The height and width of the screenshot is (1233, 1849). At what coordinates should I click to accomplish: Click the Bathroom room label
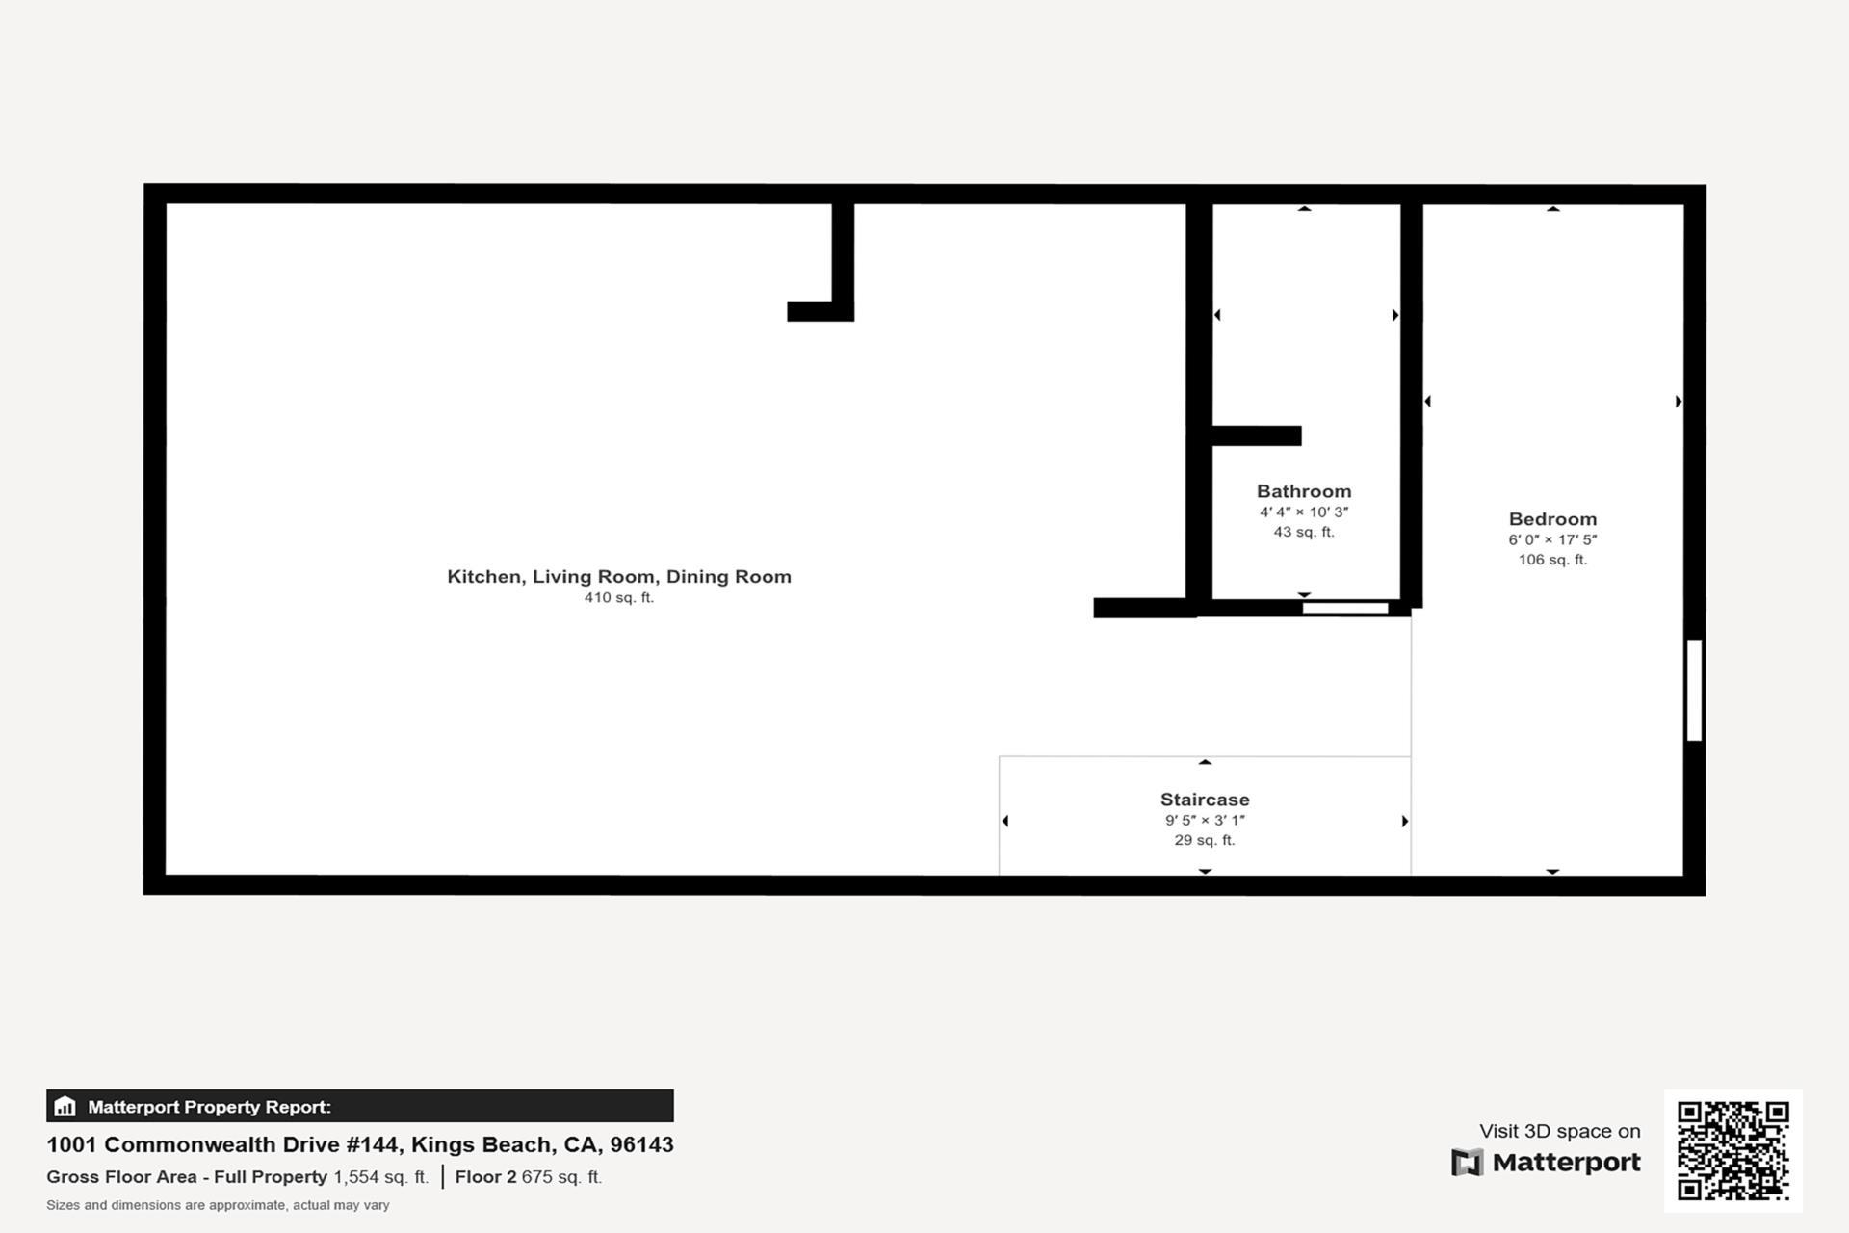pos(1304,491)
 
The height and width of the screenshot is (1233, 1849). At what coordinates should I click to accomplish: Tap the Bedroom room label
pos(1552,519)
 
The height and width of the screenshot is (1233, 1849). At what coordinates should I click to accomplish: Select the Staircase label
pos(1205,800)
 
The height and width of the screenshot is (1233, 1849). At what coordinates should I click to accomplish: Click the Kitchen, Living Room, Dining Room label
pos(619,576)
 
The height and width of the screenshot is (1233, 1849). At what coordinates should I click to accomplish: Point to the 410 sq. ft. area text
pos(619,598)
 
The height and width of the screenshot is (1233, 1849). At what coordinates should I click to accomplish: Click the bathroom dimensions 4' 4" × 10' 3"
pos(1304,512)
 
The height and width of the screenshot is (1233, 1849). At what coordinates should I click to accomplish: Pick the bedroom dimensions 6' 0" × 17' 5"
pos(1552,540)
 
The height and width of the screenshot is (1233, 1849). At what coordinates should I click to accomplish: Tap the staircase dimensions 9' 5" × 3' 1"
pos(1205,821)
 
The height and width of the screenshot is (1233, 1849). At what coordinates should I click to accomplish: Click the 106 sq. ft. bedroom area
pos(1552,560)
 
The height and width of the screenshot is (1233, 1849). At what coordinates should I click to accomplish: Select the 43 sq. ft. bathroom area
pos(1304,532)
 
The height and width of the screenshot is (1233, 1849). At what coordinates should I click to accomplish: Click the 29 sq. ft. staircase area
pos(1205,840)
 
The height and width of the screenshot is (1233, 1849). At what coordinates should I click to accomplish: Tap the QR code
pos(1732,1150)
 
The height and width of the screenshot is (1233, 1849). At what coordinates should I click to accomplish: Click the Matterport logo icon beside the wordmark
pos(1467,1163)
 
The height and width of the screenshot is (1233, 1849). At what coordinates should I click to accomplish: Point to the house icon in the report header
pos(65,1106)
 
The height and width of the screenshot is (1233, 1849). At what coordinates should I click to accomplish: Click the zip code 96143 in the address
pos(641,1144)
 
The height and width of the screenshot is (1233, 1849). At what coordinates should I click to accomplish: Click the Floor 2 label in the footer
pos(485,1177)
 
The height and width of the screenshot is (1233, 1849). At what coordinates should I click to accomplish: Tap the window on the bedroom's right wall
pos(1694,690)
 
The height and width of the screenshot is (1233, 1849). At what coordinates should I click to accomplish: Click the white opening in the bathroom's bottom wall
pos(1344,608)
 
